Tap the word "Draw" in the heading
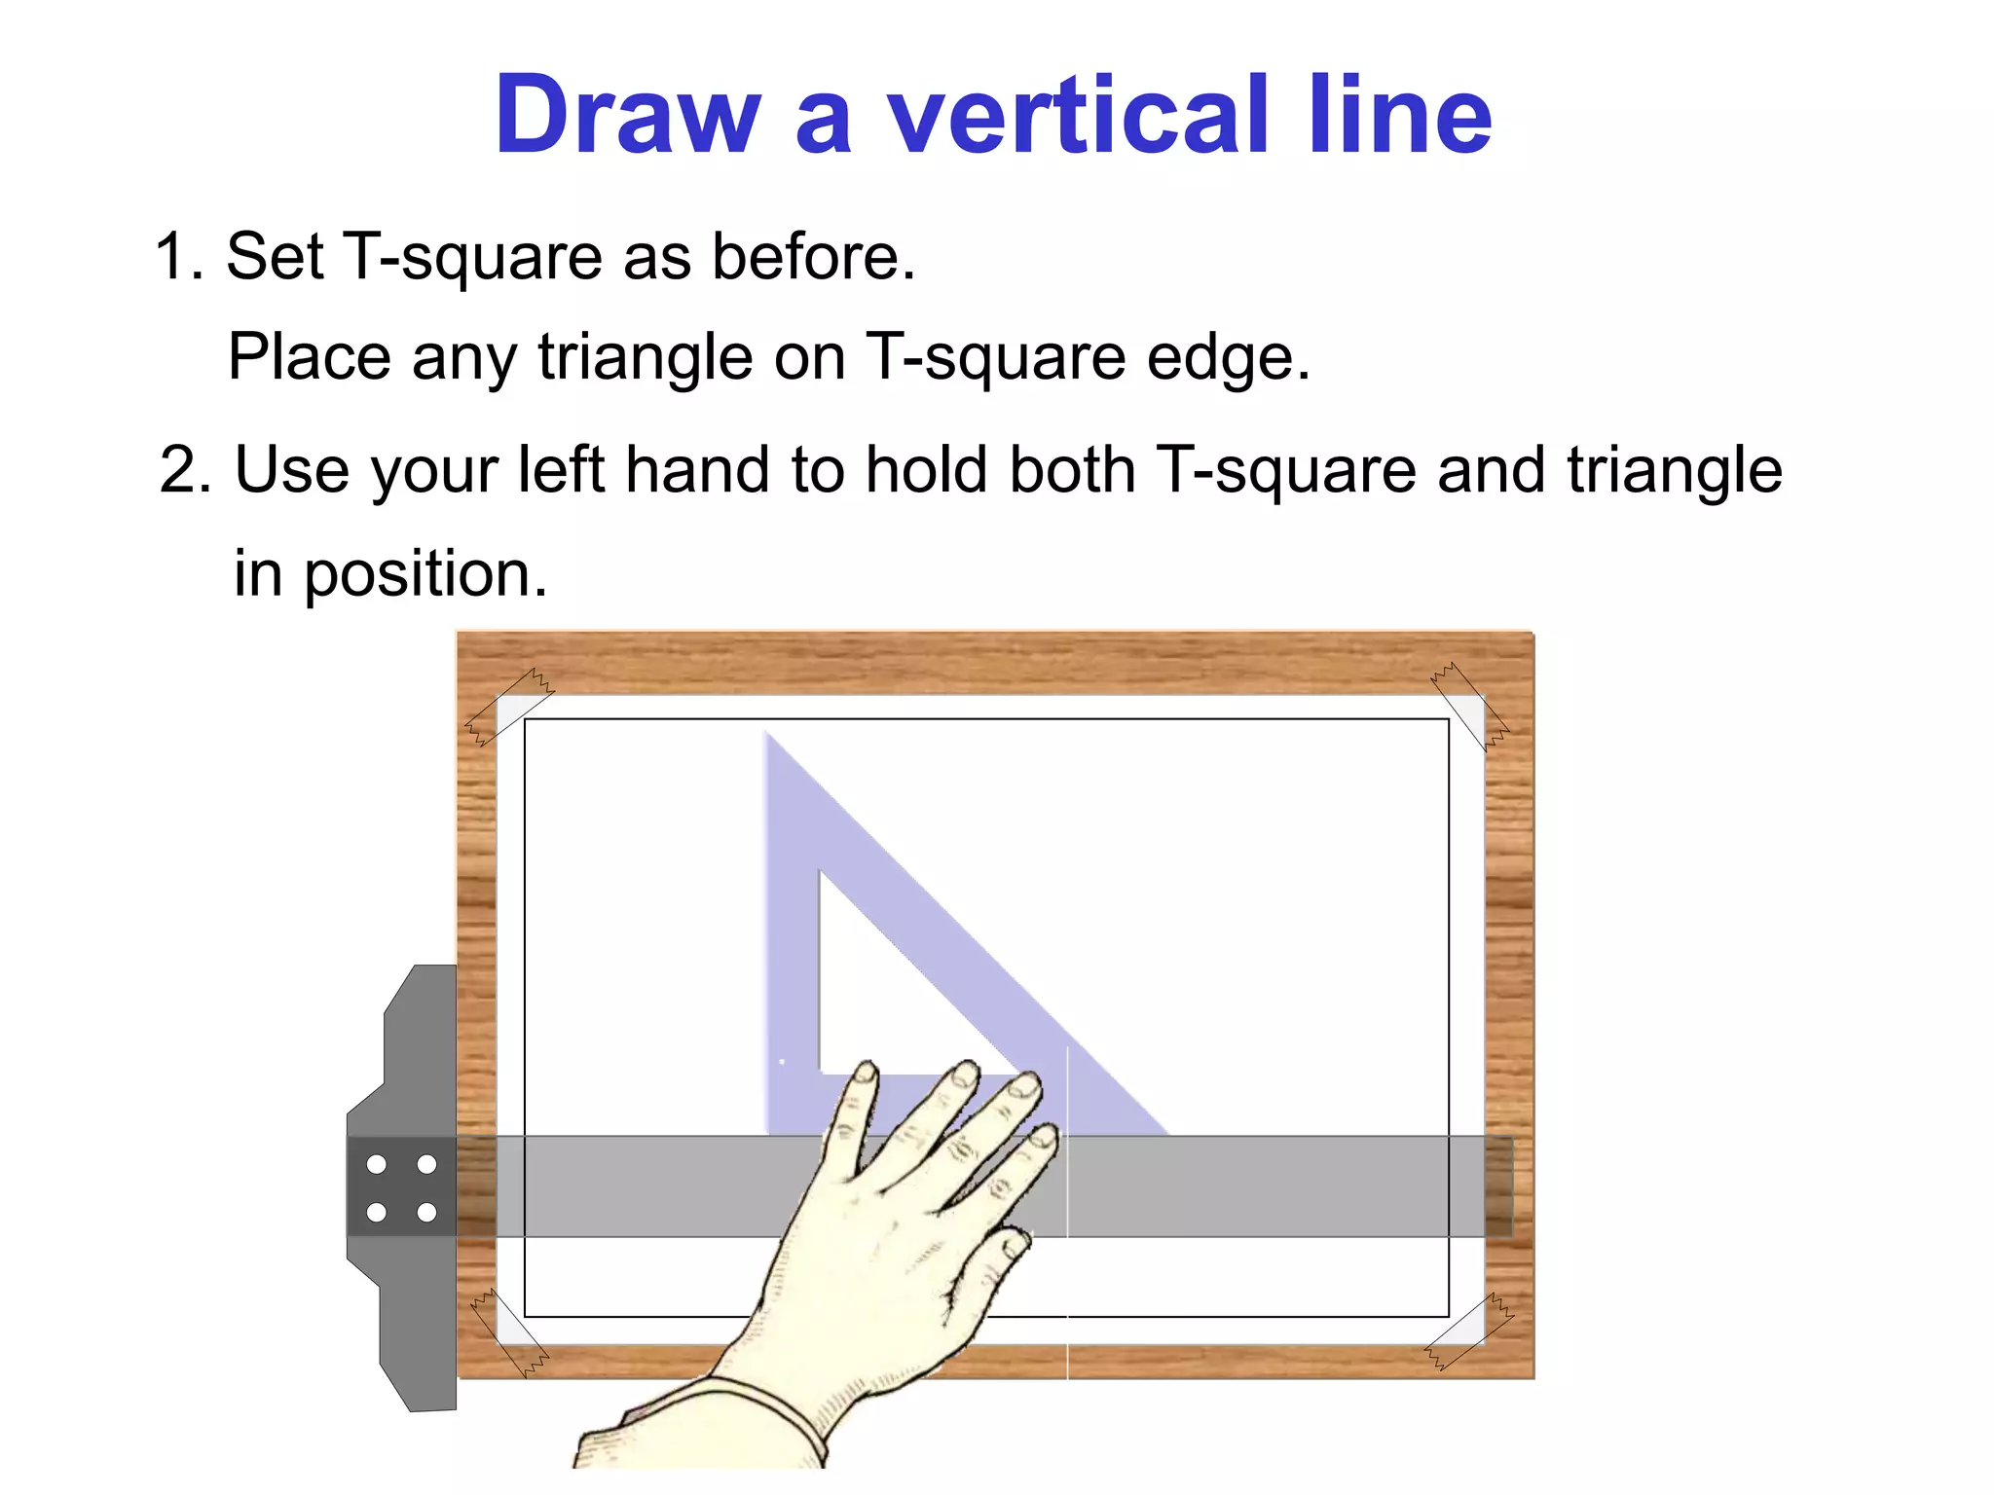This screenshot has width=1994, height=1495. click(x=627, y=116)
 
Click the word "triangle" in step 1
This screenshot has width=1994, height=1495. click(x=645, y=357)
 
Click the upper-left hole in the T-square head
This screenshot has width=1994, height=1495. click(x=377, y=1164)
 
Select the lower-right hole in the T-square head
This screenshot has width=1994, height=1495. click(x=426, y=1213)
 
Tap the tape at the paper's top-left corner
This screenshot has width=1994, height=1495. click(x=508, y=708)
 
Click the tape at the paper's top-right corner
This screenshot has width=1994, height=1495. click(x=1470, y=708)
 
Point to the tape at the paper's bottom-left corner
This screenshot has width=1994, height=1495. click(x=508, y=1331)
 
